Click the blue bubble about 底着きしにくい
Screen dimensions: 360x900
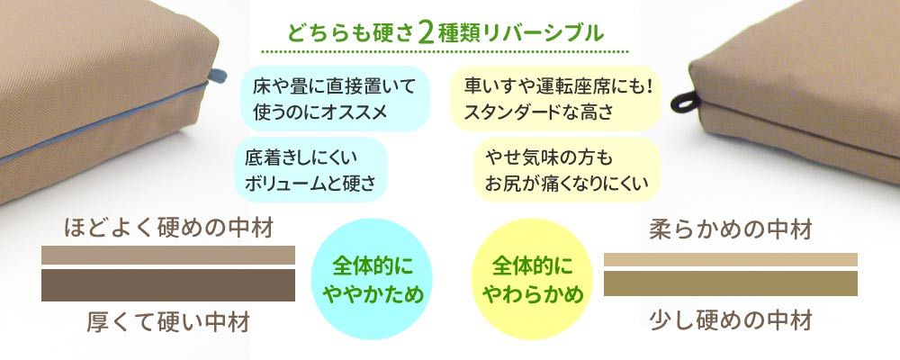point(310,169)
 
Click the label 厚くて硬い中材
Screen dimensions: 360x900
point(168,320)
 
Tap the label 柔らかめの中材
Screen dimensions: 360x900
point(731,230)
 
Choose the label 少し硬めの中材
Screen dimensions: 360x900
point(731,319)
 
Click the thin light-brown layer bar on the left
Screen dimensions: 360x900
point(168,256)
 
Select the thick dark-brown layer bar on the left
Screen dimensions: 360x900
point(168,285)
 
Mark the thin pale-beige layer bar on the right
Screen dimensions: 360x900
point(730,260)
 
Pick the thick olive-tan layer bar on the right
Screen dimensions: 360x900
point(730,283)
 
